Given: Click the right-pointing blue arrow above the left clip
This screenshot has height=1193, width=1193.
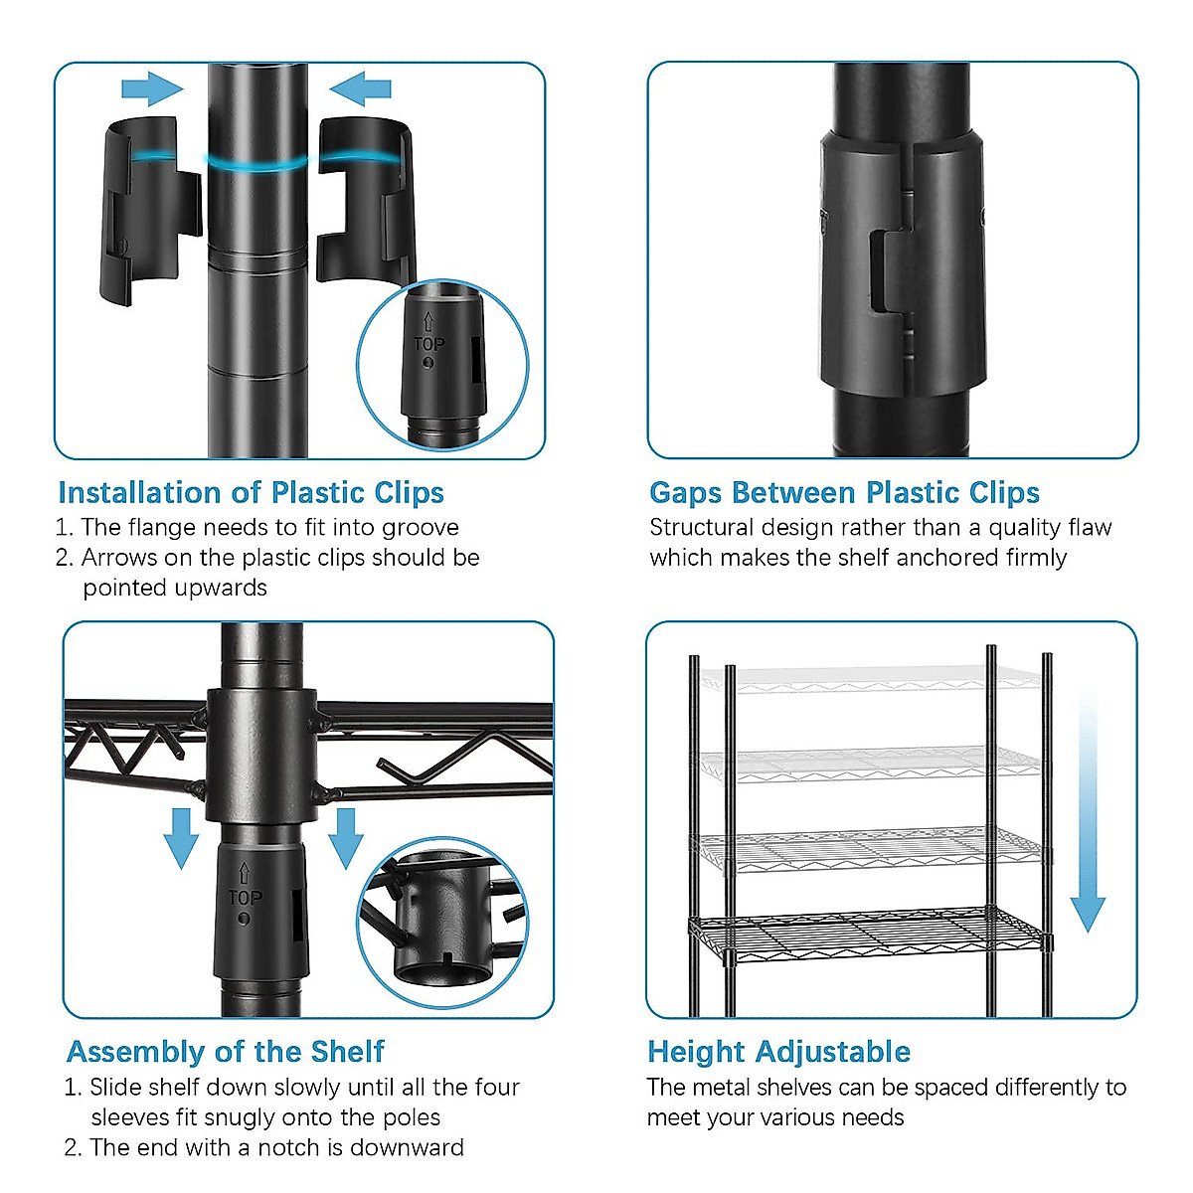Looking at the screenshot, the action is tap(152, 88).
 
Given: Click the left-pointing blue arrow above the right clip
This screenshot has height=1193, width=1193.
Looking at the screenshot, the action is tap(360, 88).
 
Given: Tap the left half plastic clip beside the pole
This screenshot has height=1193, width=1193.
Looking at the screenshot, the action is tap(150, 211).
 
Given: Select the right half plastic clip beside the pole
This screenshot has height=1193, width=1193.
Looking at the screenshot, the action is tap(365, 201).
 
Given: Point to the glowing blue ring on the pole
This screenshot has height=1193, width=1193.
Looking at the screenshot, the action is tap(256, 162).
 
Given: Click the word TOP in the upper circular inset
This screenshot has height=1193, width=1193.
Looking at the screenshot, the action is tap(429, 344).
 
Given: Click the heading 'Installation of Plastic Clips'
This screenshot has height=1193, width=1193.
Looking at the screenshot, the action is tap(251, 493).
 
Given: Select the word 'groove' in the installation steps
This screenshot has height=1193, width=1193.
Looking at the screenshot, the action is tap(421, 528).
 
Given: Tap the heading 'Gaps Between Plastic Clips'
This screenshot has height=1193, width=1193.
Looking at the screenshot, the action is tap(844, 493).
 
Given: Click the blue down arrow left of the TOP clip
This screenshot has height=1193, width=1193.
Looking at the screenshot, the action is tap(181, 838).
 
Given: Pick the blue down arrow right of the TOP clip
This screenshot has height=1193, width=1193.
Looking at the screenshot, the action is tap(345, 838).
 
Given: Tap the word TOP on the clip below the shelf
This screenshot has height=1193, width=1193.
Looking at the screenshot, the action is tap(246, 897).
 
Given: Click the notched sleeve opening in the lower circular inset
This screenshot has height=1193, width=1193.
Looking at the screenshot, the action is tap(443, 976).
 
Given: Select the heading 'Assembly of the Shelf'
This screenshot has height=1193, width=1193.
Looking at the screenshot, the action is tap(226, 1052).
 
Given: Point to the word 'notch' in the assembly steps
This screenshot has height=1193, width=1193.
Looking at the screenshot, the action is tap(289, 1147).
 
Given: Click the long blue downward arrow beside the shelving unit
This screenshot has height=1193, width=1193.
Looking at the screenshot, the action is tap(1088, 812).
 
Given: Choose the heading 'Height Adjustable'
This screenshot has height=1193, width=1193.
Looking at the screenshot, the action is tap(778, 1052).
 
